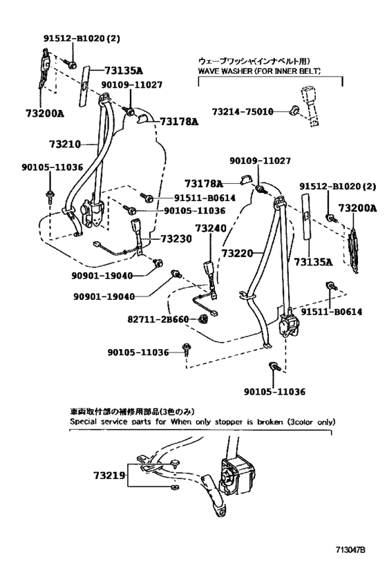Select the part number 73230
pyautogui.click(x=178, y=238)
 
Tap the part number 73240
pyautogui.click(x=210, y=227)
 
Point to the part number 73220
pyautogui.click(x=238, y=254)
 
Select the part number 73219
pyautogui.click(x=111, y=476)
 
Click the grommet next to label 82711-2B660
pyautogui.click(x=204, y=319)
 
